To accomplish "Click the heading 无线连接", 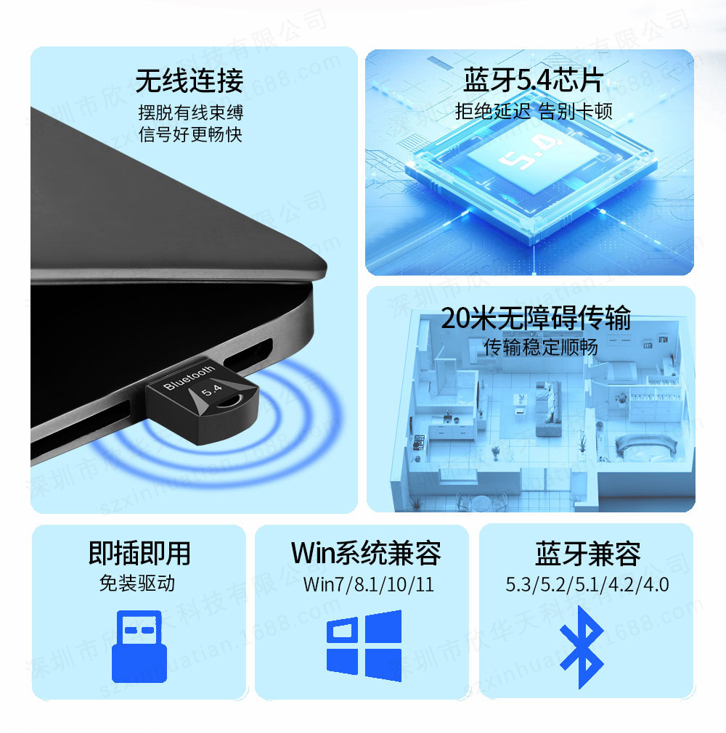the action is point(189,81).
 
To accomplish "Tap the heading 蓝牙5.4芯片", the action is point(534,80).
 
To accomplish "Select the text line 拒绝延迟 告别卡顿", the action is point(534,112).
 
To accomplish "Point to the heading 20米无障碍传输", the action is point(536,318).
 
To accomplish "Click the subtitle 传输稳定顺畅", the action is point(541,348).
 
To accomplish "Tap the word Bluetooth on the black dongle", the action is point(189,377).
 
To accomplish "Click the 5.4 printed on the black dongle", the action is point(211,390).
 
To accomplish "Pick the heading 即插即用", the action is point(139,554).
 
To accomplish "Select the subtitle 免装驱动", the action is point(137,583).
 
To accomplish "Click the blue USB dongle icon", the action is point(139,646).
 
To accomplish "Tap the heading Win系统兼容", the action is point(366,554).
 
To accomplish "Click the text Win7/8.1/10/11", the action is point(369,584).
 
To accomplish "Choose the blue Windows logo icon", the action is point(364,646).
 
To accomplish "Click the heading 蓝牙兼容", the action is point(588,554).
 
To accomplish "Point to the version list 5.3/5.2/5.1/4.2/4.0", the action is point(587,584).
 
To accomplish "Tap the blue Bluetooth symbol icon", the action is point(582,647).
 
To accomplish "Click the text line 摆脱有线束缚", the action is point(191,112).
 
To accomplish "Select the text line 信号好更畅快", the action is point(190,135).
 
